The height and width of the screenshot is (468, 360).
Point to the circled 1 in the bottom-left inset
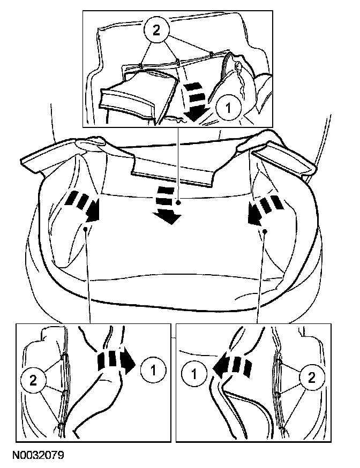153,368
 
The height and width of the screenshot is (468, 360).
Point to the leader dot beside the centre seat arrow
178,203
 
